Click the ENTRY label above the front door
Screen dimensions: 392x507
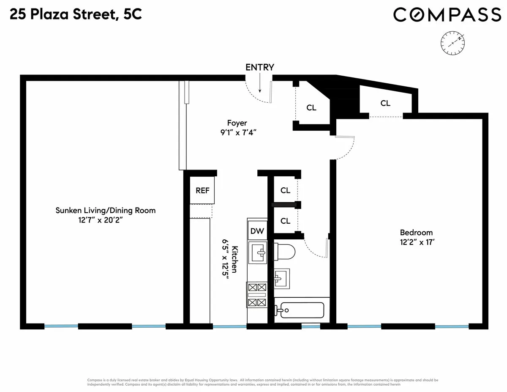[260, 67]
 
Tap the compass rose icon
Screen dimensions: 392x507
[453, 43]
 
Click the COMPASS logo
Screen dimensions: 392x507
[447, 15]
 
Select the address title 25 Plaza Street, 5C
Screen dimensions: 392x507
[76, 15]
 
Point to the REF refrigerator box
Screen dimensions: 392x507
[202, 190]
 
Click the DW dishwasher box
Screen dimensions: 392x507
[257, 231]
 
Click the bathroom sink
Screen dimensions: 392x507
[281, 278]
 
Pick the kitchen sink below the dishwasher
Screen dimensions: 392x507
[258, 254]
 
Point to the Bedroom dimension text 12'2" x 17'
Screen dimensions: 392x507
[416, 243]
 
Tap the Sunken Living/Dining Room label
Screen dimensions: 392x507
[106, 210]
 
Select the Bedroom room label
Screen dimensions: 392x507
[416, 233]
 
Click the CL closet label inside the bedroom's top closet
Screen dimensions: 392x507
[385, 103]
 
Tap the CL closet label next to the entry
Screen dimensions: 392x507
[311, 108]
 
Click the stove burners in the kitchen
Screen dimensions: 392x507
[257, 295]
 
